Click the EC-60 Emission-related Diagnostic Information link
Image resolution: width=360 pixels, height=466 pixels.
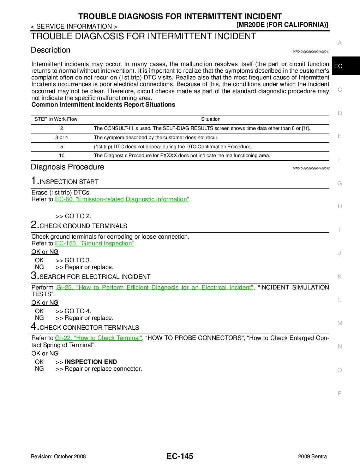(x=122, y=199)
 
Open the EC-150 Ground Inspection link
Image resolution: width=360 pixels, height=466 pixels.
(x=95, y=244)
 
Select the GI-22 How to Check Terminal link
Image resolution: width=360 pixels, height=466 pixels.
(x=98, y=338)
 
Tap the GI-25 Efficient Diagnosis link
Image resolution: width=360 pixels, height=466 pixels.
(x=155, y=288)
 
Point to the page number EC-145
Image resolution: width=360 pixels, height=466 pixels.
(x=180, y=456)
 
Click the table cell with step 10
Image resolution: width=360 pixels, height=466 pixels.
(x=62, y=156)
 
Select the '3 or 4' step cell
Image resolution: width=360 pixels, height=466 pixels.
(x=62, y=138)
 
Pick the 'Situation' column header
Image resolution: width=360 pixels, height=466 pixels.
(x=211, y=119)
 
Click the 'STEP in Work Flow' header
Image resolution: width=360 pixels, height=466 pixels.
(x=56, y=119)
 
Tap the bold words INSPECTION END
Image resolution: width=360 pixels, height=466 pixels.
(x=91, y=362)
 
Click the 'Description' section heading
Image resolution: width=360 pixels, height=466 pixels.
(x=50, y=50)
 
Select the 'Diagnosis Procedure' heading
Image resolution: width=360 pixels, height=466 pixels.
(x=67, y=167)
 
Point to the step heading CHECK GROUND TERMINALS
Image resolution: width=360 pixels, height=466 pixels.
(x=83, y=226)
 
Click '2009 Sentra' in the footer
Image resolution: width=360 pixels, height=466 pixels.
(x=312, y=456)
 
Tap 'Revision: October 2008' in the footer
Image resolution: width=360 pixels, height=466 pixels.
(x=58, y=456)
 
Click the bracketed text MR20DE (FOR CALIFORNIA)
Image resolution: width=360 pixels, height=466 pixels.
(x=282, y=25)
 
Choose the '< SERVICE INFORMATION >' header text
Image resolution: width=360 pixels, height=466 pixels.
(x=74, y=26)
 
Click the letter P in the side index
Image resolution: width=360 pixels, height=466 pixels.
(x=340, y=393)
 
